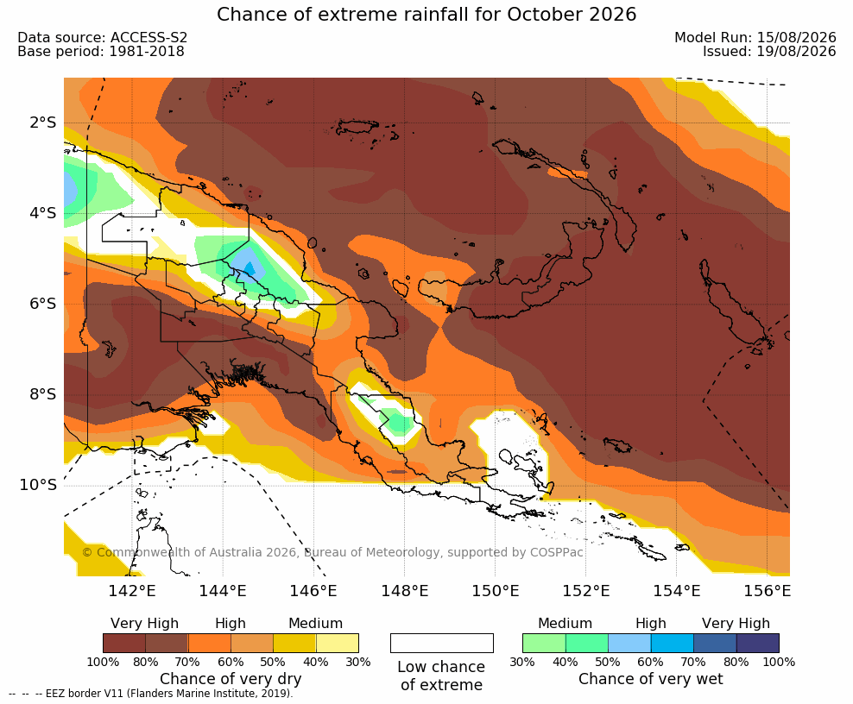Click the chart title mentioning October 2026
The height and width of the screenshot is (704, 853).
pos(426,14)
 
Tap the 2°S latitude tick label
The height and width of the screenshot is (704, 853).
pos(43,123)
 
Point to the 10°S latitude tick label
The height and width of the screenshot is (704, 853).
pos(38,484)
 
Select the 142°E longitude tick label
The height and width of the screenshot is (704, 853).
pos(132,590)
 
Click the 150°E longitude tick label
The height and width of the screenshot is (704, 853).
pos(496,590)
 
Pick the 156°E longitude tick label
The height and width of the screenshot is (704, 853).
pos(768,590)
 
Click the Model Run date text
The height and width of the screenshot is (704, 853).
pos(755,37)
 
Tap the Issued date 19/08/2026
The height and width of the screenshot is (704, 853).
pos(769,52)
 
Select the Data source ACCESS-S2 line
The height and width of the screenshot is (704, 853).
pos(102,37)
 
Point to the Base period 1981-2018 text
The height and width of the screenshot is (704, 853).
pos(101,52)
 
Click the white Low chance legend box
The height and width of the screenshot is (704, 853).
pos(442,643)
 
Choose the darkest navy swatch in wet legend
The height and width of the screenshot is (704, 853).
pos(758,643)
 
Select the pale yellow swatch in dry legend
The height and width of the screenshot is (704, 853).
pos(338,643)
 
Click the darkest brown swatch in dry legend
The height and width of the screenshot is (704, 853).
pos(124,643)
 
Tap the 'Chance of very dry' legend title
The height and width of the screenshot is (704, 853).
pos(231,679)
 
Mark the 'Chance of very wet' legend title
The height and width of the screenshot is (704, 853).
pos(651,679)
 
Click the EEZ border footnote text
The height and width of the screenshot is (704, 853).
pos(151,694)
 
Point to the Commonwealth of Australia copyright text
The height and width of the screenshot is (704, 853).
pos(332,552)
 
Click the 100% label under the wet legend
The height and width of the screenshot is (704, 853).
pos(779,662)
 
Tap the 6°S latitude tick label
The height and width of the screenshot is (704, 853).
pos(43,304)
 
